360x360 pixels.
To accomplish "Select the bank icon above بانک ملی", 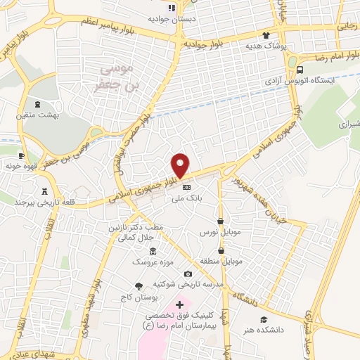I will [186, 188].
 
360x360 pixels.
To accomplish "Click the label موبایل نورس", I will [220, 231].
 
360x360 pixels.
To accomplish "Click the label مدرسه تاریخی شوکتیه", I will [188, 285].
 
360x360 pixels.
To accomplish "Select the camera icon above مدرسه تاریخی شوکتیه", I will [188, 274].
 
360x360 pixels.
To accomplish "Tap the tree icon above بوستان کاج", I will [138, 286].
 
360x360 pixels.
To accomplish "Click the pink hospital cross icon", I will [179, 304].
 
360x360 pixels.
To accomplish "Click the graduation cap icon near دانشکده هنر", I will [264, 319].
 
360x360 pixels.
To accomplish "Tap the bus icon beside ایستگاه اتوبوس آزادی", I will [300, 70].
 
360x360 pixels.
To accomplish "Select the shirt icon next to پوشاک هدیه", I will [266, 35].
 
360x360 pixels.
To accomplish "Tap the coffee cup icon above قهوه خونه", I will [21, 155].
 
